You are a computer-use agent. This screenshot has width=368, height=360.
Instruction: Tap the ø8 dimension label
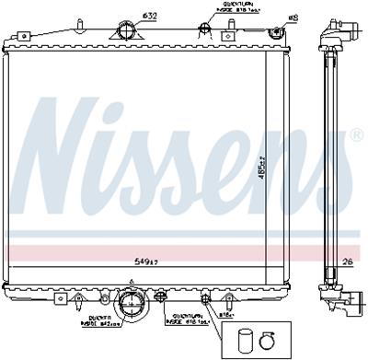[x=269, y=17]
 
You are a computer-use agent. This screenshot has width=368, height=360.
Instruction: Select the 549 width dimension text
[x=139, y=261]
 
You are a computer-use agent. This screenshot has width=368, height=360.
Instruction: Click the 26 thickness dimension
[x=347, y=261]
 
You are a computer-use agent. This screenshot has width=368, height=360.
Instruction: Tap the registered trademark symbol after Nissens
[x=355, y=136]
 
